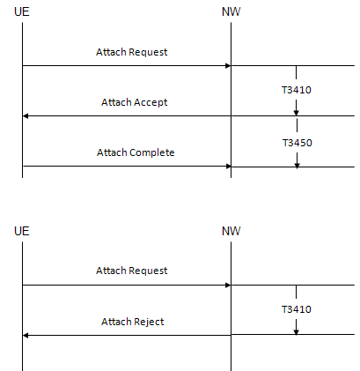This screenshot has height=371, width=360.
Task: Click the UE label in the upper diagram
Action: tap(22, 11)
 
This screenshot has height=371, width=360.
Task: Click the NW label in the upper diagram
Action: tap(231, 11)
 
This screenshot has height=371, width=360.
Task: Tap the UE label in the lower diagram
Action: tap(22, 231)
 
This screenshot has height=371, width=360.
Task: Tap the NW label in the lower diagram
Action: tap(231, 231)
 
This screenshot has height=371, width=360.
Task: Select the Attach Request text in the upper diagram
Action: tap(132, 52)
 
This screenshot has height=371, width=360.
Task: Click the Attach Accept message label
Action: tap(135, 102)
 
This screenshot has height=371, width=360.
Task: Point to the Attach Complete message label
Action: tap(136, 152)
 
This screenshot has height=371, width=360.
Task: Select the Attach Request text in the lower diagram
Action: tap(132, 271)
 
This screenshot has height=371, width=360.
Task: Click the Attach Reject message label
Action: tap(133, 322)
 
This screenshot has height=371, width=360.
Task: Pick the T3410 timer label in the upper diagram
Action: tap(297, 90)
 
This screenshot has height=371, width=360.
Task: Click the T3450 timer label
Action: tap(298, 143)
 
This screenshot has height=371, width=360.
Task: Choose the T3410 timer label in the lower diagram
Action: tap(297, 309)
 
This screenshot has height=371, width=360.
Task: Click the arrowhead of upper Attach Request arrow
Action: tap(228, 66)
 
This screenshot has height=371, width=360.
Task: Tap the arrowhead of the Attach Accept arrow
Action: tap(26, 116)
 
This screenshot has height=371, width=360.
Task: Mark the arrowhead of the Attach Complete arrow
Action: tap(228, 167)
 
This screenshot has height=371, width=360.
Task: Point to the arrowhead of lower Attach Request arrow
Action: tap(228, 285)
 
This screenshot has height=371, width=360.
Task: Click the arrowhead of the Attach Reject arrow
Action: tap(26, 335)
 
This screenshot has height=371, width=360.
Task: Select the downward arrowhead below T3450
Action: tap(297, 165)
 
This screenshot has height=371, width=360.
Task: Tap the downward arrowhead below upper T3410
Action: tap(296, 113)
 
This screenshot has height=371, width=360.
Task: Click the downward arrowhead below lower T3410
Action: tap(296, 331)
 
